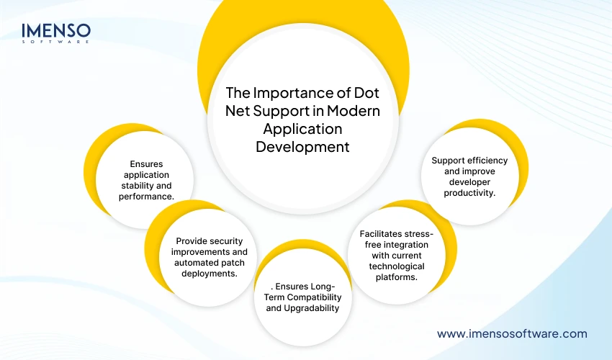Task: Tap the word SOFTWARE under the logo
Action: (x=56, y=42)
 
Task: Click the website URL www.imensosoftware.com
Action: (x=512, y=333)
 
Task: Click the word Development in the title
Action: (x=302, y=147)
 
